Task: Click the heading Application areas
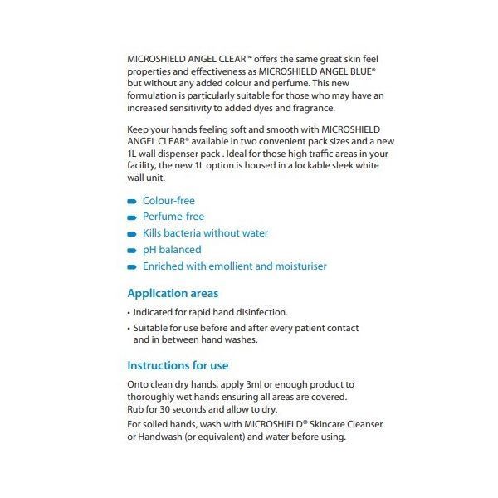pyautogui.click(x=173, y=294)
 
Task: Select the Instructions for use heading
pyautogui.click(x=178, y=366)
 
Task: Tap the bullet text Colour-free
pyautogui.click(x=168, y=201)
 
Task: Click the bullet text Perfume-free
pyautogui.click(x=173, y=217)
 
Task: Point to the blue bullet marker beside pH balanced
pyautogui.click(x=131, y=251)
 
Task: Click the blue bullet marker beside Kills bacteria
pyautogui.click(x=131, y=234)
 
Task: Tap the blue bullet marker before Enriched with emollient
pyautogui.click(x=131, y=267)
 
